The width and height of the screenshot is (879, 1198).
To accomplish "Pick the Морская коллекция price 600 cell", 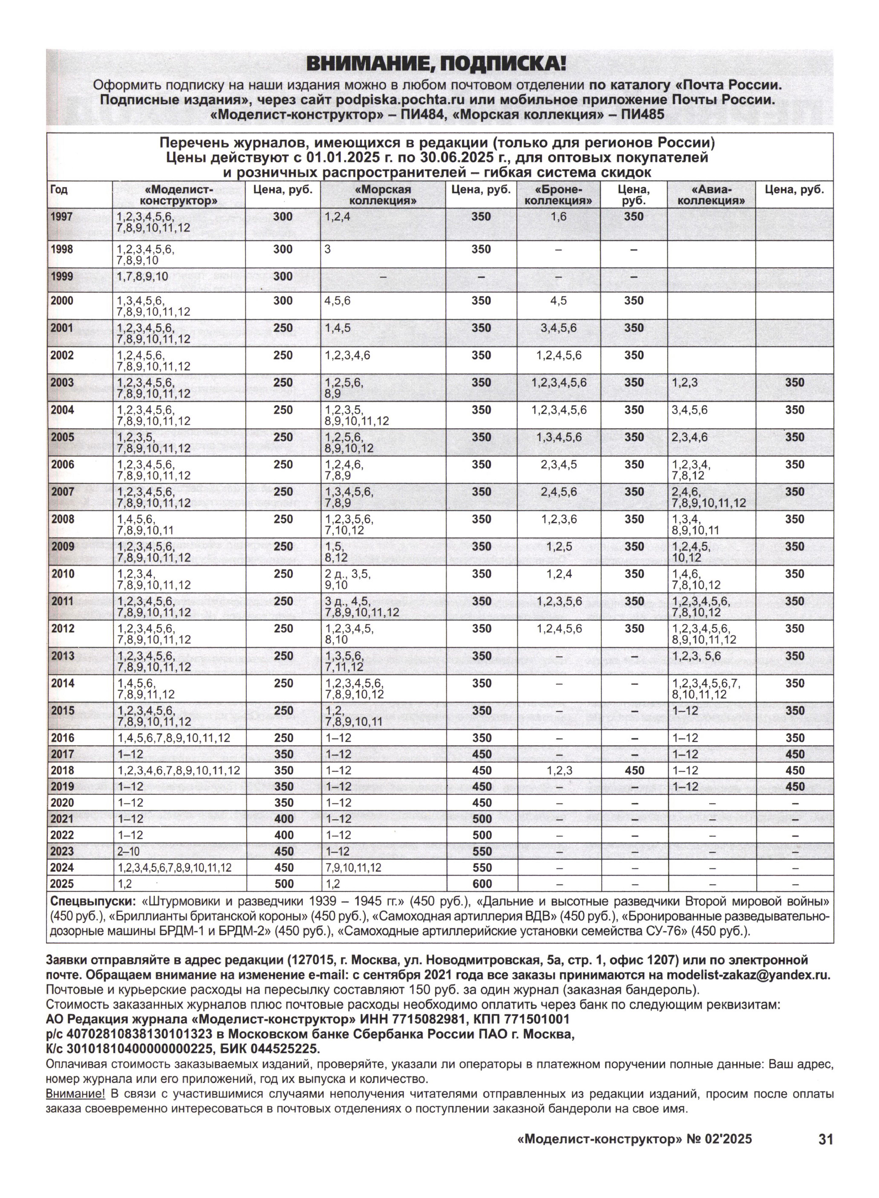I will coord(481,884).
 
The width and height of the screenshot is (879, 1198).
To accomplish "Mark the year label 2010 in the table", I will coord(62,574).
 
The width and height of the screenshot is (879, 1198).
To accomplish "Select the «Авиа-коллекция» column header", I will coord(711,195).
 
